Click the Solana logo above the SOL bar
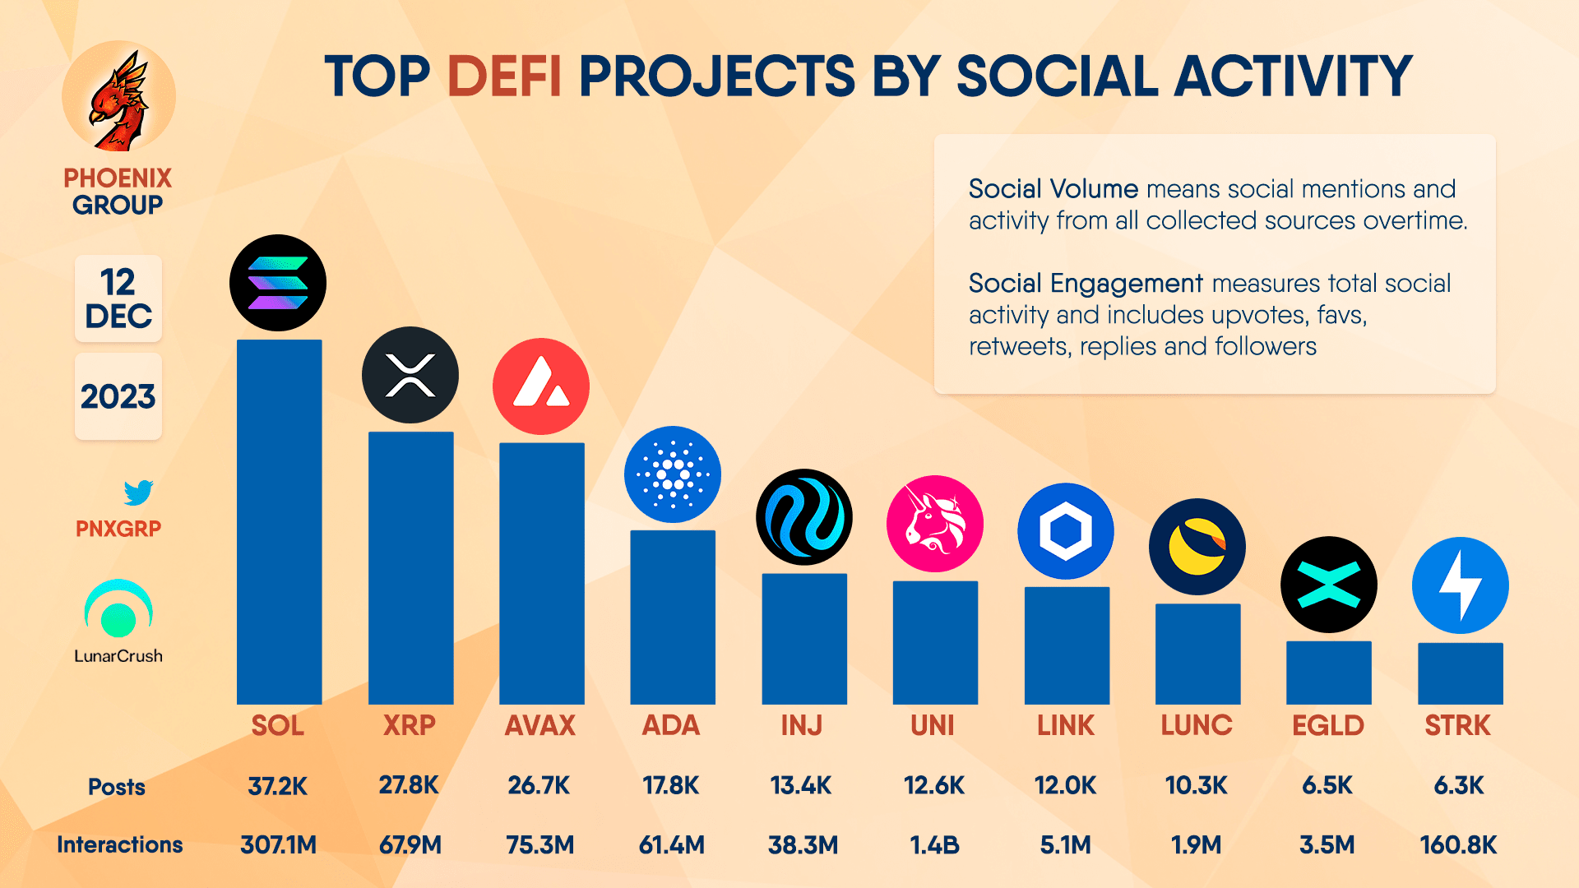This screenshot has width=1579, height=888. [278, 283]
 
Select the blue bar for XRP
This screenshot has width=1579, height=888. [410, 567]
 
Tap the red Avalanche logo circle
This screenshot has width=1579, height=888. [541, 386]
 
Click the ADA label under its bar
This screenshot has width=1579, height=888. [671, 725]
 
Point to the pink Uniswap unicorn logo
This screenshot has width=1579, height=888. [935, 524]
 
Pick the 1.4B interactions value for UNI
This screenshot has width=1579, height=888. [934, 844]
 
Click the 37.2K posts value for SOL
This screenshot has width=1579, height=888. [278, 786]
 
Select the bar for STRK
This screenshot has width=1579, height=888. [1460, 673]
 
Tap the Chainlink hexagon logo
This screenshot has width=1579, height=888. [1066, 531]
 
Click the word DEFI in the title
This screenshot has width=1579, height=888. [504, 76]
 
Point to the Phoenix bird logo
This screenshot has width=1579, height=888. [119, 99]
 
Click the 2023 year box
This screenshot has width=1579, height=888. [118, 396]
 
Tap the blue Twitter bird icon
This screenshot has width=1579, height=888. [138, 493]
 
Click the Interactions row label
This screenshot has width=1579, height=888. [119, 844]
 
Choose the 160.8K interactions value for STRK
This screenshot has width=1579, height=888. [1458, 844]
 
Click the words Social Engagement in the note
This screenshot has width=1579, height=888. [1086, 283]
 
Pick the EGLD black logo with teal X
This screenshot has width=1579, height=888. [1328, 585]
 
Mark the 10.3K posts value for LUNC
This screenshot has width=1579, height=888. [1196, 785]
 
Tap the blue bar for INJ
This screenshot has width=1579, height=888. [804, 639]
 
